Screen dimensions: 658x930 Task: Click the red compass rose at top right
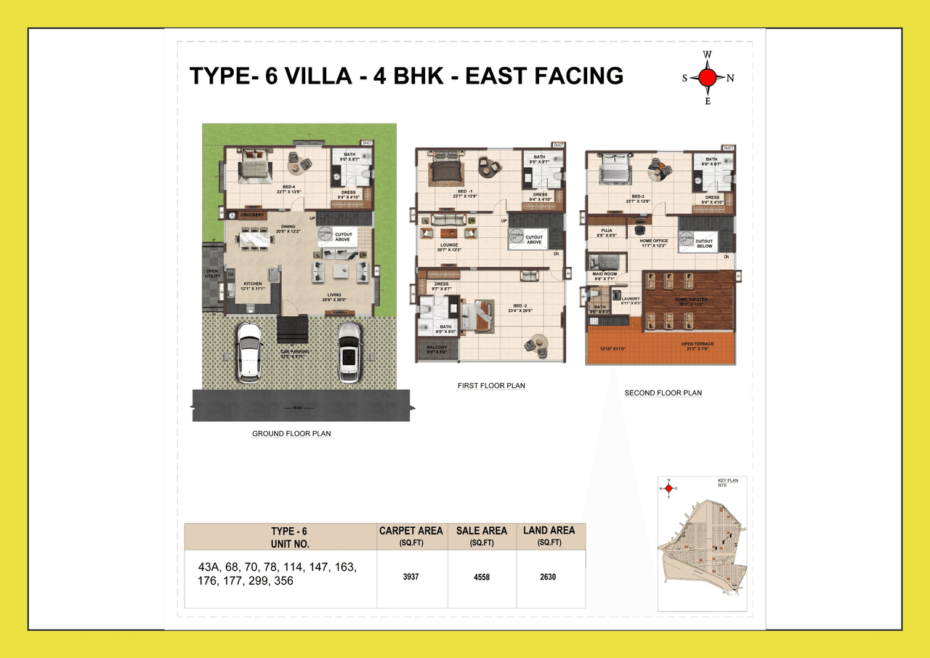[708, 78]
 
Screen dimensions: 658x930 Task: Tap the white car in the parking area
[249, 351]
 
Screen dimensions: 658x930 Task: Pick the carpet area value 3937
[412, 577]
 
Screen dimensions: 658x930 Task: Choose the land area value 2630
[549, 577]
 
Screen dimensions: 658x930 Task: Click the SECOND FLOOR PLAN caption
[663, 393]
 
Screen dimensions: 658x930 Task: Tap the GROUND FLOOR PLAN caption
[291, 434]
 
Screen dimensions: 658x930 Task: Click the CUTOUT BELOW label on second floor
[704, 244]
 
